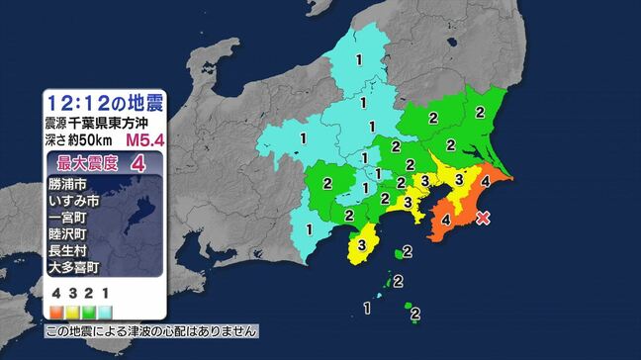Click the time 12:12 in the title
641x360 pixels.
click(87, 102)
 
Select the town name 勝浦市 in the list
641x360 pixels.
click(66, 184)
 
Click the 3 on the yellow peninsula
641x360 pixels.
click(363, 244)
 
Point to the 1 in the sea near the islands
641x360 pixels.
click(367, 309)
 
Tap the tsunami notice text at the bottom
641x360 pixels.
click(151, 329)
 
